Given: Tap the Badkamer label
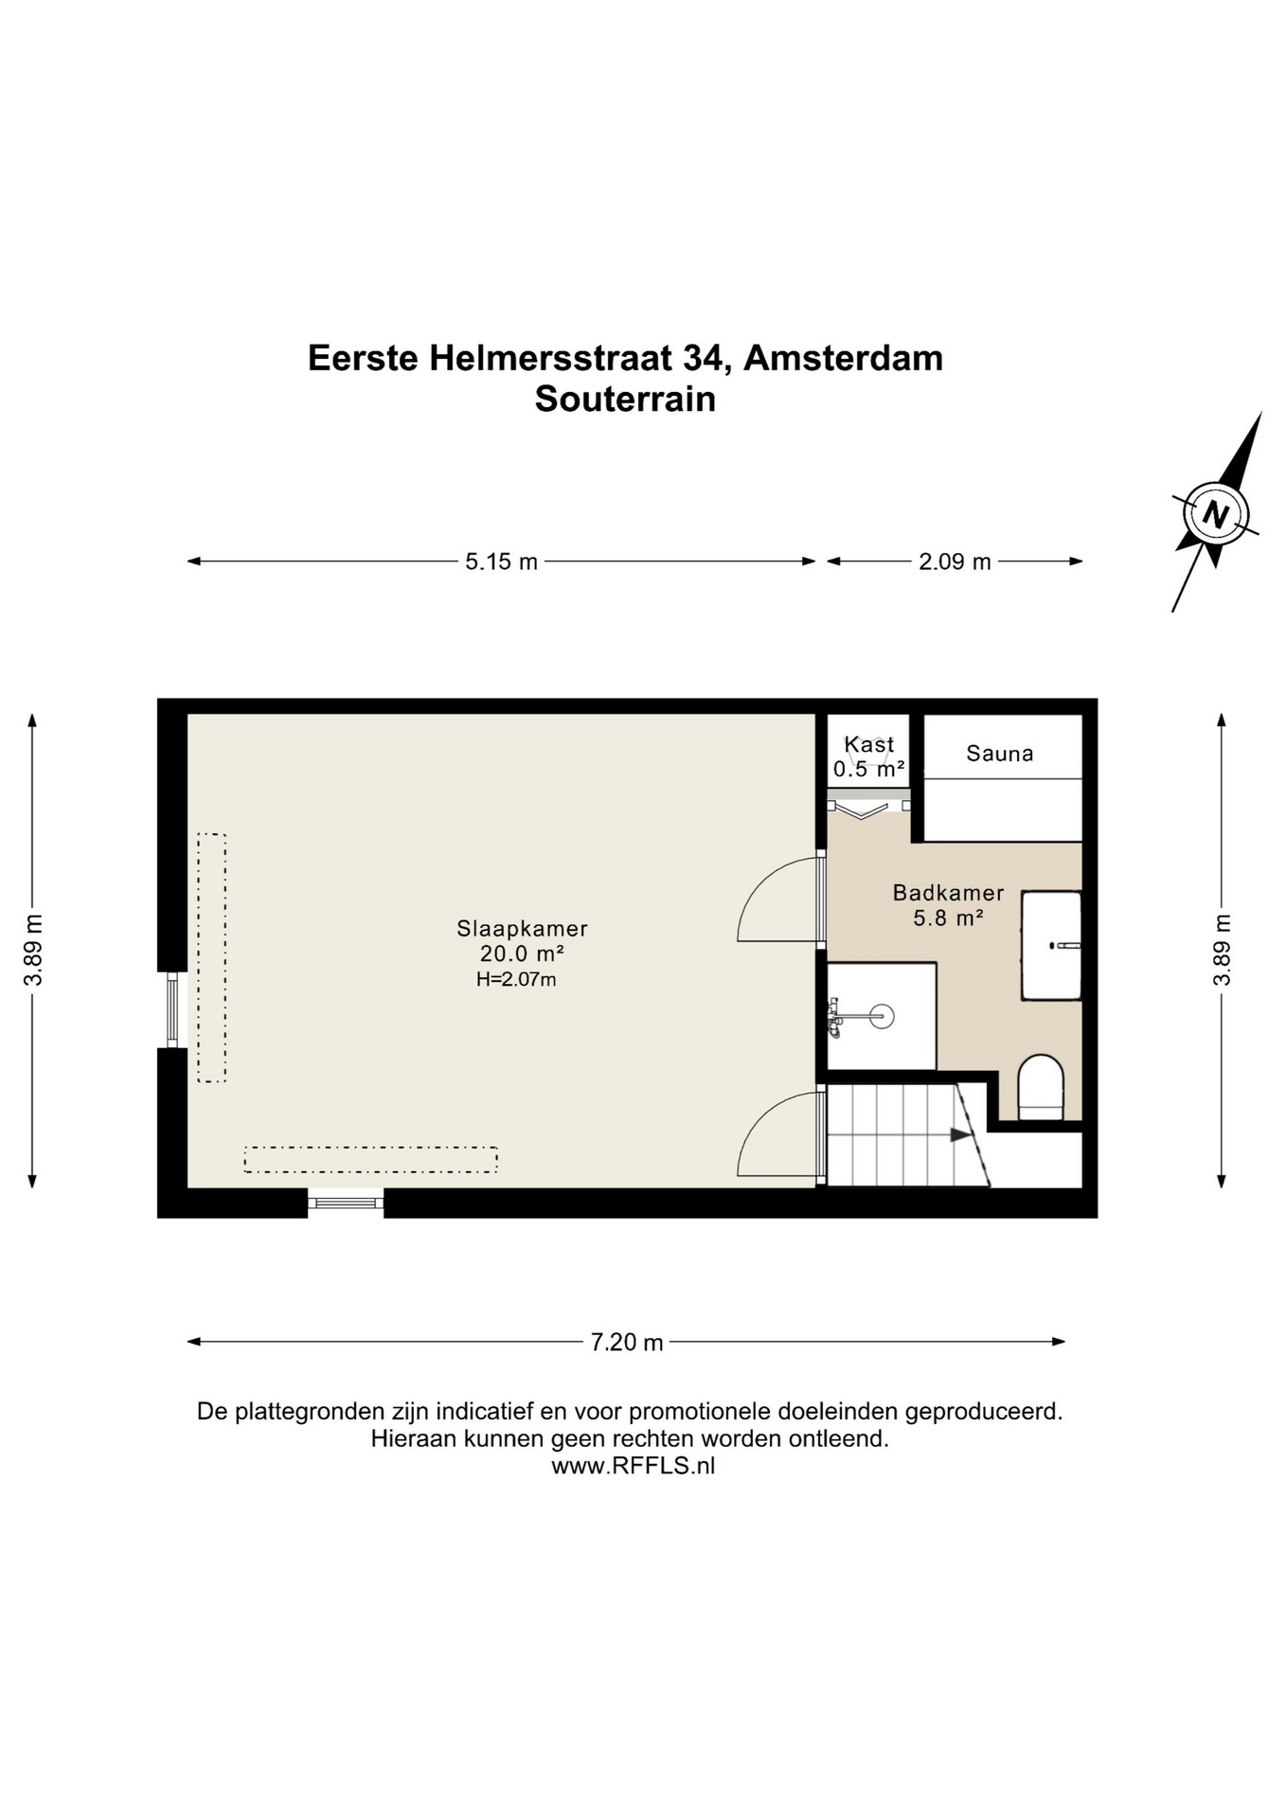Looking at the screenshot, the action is [x=948, y=893].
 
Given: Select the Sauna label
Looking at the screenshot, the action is [x=999, y=754].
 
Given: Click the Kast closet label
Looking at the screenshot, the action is [x=868, y=745].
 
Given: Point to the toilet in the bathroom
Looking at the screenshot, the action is [x=1040, y=1088].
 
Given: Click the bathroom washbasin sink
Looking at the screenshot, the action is [x=1050, y=945].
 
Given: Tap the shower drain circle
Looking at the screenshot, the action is [x=881, y=1017].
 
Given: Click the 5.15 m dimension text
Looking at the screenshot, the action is [x=501, y=562].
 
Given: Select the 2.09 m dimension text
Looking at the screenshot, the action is [x=955, y=562].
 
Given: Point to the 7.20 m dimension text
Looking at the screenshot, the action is [x=626, y=1343].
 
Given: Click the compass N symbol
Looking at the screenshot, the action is [x=1215, y=515].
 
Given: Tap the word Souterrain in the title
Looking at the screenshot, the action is [x=625, y=399].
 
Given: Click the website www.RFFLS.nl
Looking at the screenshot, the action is [x=633, y=1466].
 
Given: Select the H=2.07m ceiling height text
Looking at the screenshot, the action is [x=516, y=980].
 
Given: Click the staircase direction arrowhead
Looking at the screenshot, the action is [x=962, y=1135].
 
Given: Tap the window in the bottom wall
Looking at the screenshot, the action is [x=346, y=1203].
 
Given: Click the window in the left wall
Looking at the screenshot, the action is [x=172, y=1010].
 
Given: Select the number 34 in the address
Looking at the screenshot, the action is [x=705, y=359].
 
